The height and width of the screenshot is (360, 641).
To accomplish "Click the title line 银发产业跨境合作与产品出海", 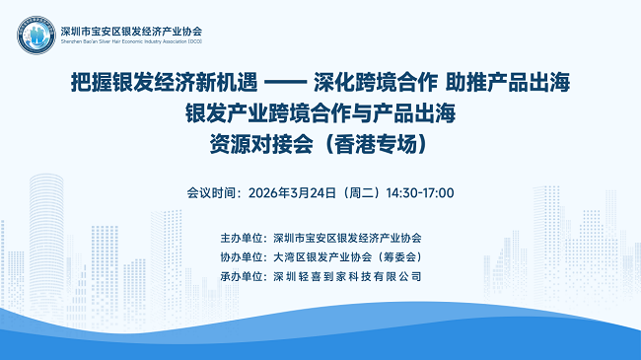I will point(320,112).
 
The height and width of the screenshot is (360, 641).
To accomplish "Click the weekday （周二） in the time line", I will point(361,192).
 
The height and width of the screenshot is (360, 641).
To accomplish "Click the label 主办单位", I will point(246,238).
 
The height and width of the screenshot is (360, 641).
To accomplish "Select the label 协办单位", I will point(246,256).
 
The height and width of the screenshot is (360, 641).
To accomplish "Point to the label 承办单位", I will point(246,276).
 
